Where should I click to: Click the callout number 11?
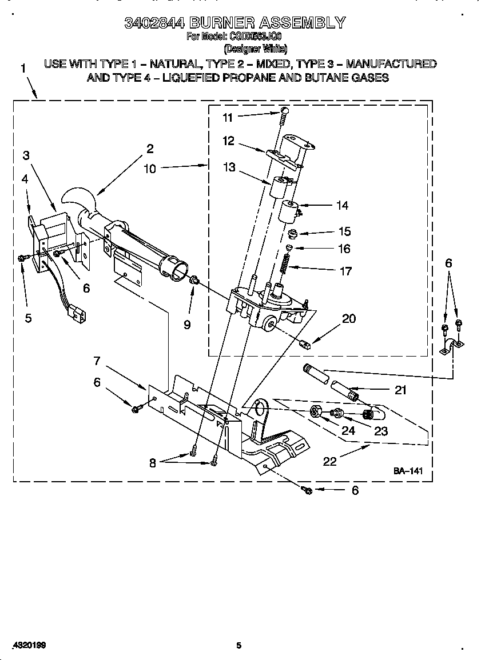pos(228,118)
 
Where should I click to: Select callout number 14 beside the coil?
pos(342,206)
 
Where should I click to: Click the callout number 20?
pos(348,319)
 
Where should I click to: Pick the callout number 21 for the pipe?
pos(400,390)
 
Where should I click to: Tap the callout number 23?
pos(380,431)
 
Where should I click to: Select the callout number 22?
pos(330,461)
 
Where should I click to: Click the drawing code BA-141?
pos(407,471)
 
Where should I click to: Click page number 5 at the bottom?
pos(239,646)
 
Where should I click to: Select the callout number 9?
pos(187,325)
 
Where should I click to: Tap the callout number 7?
pos(97,361)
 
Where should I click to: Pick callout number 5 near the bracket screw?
pos(29,319)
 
